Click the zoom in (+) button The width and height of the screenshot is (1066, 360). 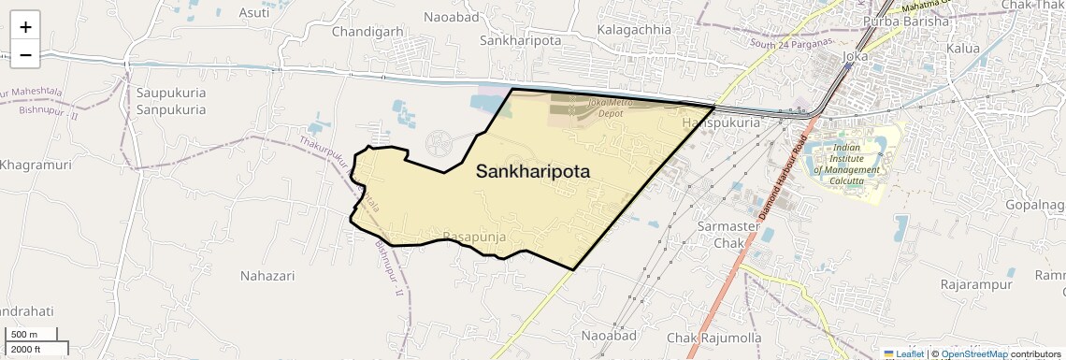coord(25,26)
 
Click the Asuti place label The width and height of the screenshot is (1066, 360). coord(254,12)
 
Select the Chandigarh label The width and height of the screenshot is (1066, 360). coord(367,31)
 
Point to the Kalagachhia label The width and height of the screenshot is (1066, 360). coord(634,29)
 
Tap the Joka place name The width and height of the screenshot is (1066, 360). coord(856,56)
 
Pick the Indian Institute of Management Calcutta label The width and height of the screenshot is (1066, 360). coord(846,165)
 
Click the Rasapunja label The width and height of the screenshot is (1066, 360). coord(474,238)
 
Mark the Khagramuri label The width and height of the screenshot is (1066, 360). coord(36,165)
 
